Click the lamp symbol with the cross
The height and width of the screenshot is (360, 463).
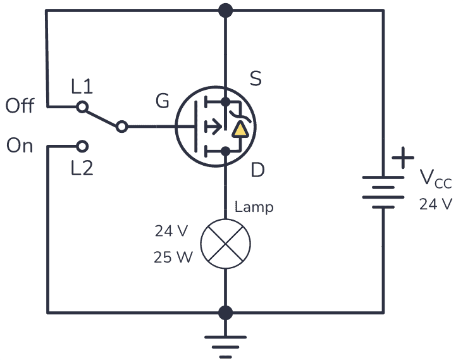point(225,243)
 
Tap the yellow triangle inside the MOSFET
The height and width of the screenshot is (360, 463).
point(240,130)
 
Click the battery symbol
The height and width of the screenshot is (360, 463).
point(383,191)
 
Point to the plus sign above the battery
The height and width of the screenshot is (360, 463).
point(403,158)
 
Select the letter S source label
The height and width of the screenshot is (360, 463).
point(256,79)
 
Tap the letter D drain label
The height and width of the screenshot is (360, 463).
point(257,170)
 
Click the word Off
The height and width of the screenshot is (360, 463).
point(20,106)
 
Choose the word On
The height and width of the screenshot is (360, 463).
point(20,146)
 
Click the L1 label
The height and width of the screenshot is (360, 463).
point(82,87)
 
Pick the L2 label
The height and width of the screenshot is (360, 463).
point(82,168)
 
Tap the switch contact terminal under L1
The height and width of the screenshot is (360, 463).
point(82,108)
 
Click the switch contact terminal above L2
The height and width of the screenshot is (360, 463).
point(82,147)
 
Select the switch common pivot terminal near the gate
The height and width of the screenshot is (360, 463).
point(122,127)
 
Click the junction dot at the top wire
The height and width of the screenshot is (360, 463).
point(225,10)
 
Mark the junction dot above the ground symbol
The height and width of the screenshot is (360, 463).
point(225,313)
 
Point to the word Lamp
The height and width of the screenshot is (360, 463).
point(254,207)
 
